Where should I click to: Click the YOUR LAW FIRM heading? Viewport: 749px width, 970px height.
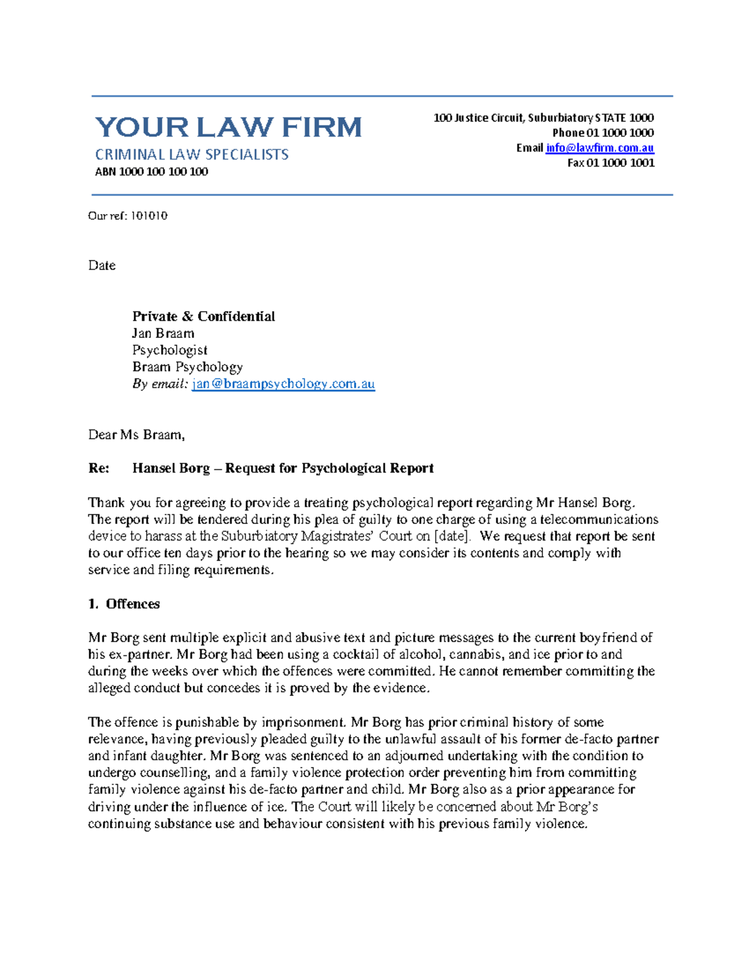click(228, 127)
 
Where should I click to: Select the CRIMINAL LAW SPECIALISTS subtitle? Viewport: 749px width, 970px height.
click(191, 154)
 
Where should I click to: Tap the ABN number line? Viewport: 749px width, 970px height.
click(151, 172)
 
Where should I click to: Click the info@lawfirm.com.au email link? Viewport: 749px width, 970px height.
click(599, 148)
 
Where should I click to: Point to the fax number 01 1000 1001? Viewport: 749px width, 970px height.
click(620, 163)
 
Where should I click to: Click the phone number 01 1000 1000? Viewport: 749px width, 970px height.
click(620, 133)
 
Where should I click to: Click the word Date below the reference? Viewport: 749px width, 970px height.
click(102, 265)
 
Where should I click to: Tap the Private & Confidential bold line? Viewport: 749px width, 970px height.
click(203, 317)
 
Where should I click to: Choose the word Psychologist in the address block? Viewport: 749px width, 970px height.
click(170, 350)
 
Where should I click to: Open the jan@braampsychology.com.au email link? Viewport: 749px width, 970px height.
click(283, 384)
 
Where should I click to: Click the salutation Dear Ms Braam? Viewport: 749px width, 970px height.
click(136, 435)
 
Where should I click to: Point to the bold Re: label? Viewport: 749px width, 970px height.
click(99, 468)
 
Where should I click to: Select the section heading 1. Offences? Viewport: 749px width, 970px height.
click(124, 604)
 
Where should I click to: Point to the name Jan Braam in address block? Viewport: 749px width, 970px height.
click(163, 334)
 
